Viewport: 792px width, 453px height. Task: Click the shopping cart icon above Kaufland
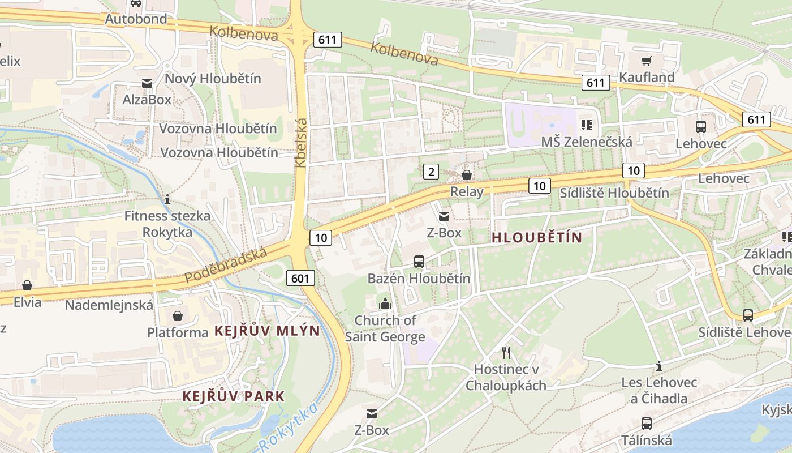click(x=647, y=61)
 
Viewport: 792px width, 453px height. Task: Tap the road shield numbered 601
click(x=300, y=278)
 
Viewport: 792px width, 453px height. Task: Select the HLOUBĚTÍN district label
click(x=536, y=238)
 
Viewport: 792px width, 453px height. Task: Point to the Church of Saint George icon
click(x=385, y=304)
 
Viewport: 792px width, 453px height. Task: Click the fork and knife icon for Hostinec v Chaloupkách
click(x=506, y=353)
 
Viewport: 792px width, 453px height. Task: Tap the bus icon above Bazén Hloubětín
click(x=419, y=261)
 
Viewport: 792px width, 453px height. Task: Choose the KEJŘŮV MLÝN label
click(x=267, y=331)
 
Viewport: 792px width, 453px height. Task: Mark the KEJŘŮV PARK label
click(x=233, y=396)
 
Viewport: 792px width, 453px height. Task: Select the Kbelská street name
click(x=300, y=142)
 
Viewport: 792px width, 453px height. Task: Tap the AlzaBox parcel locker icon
click(x=147, y=83)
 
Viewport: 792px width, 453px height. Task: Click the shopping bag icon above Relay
click(x=467, y=175)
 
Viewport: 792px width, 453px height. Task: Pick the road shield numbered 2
click(x=431, y=172)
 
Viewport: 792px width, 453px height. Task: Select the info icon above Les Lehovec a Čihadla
click(x=658, y=366)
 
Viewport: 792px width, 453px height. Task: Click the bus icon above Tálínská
click(x=646, y=423)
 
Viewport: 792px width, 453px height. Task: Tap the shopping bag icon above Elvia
click(x=27, y=285)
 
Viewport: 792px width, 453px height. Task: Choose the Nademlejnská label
click(x=109, y=305)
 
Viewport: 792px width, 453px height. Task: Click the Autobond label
click(x=136, y=19)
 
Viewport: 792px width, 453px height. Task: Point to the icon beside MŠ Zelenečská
click(x=586, y=125)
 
